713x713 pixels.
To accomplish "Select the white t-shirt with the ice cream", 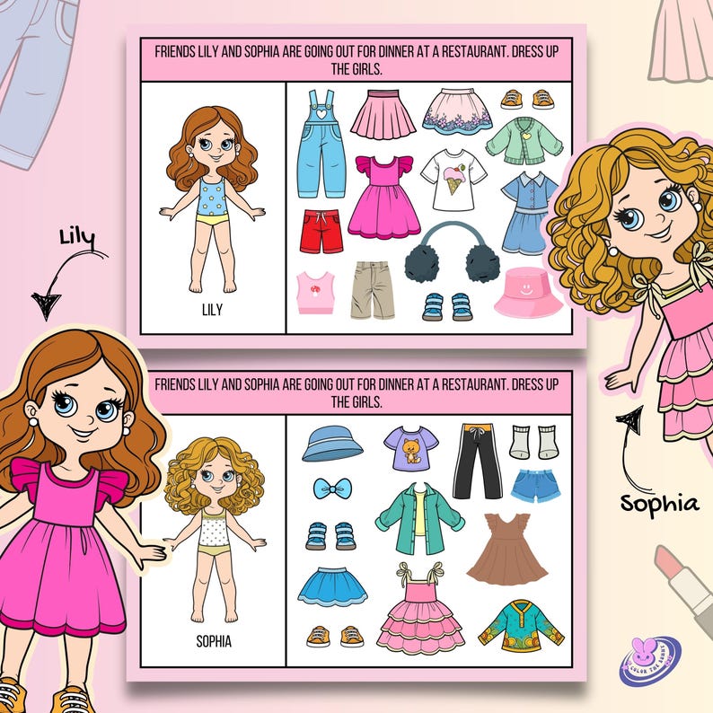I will [453, 179].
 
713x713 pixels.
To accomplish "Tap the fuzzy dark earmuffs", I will [439, 257].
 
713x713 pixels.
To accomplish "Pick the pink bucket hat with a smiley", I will [528, 292].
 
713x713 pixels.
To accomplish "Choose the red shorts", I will [321, 232].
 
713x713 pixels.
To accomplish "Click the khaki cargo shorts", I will [373, 290].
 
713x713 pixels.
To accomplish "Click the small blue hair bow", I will [331, 489].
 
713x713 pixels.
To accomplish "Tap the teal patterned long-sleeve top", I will [508, 625].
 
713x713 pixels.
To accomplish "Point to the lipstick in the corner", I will [682, 580].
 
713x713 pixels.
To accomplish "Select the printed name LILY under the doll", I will [213, 310].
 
